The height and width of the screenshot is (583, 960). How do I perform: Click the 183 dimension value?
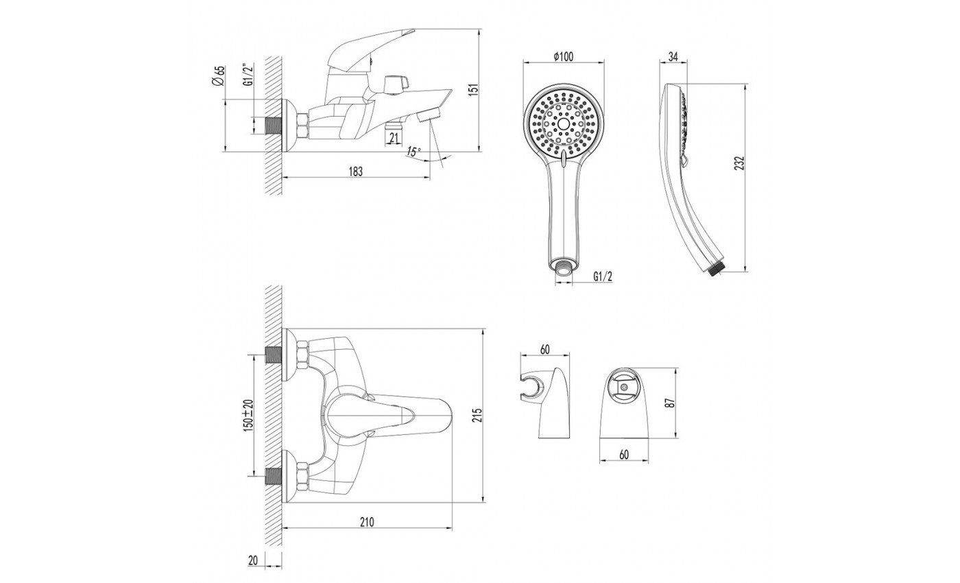355,171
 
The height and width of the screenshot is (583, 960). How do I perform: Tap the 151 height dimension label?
472,90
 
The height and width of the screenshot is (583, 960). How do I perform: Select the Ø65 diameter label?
218,76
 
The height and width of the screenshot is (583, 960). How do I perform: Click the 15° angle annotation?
413,152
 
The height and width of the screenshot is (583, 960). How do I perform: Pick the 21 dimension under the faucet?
394,138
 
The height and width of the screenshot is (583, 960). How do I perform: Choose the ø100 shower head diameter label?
563,56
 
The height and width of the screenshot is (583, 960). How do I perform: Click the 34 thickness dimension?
673,56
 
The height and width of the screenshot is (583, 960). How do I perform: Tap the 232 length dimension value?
739,163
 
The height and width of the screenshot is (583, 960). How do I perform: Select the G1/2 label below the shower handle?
603,276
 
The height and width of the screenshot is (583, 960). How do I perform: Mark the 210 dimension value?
367,522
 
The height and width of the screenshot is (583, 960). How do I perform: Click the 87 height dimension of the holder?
671,403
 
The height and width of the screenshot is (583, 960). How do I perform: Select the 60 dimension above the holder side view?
544,350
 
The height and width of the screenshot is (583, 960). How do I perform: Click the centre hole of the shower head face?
563,124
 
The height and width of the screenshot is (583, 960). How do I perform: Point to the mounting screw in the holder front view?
624,387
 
